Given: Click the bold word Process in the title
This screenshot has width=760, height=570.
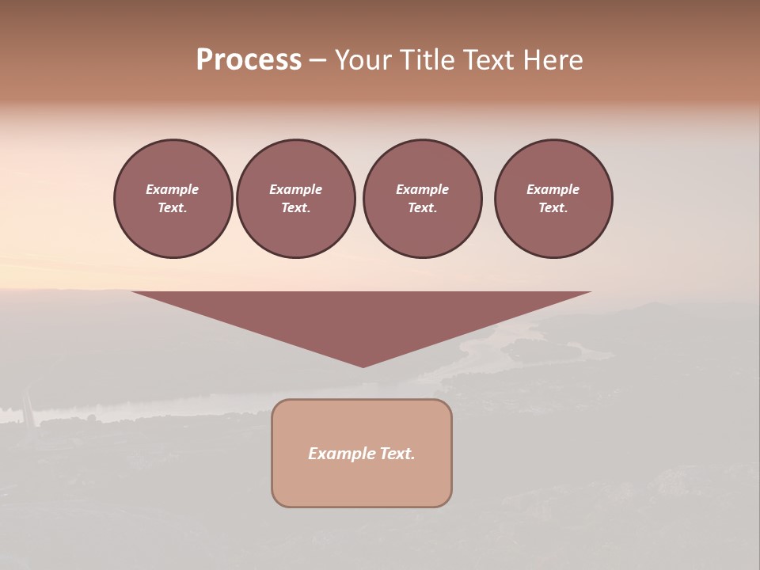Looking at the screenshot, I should (249, 60).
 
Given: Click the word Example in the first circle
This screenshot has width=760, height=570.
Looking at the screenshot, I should (173, 189).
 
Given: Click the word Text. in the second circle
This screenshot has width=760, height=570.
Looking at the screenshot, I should (296, 207).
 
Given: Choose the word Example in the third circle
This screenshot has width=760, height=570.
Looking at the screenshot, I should (423, 189).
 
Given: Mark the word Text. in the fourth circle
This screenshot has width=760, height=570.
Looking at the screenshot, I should (553, 207).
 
